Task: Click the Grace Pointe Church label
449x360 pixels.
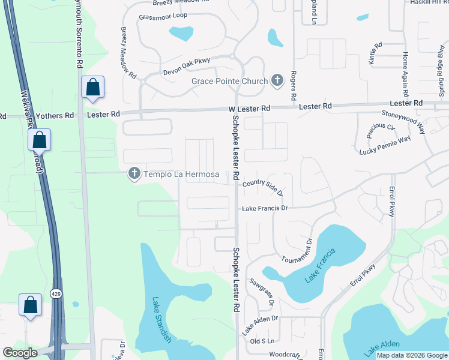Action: pyautogui.click(x=229, y=81)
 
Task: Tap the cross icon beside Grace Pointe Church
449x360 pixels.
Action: pyautogui.click(x=277, y=80)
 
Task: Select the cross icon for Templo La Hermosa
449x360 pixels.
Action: pyautogui.click(x=134, y=173)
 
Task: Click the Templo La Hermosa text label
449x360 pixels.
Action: pyautogui.click(x=176, y=173)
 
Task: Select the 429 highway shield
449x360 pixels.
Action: pyautogui.click(x=56, y=293)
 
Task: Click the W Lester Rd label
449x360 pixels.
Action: pyautogui.click(x=249, y=109)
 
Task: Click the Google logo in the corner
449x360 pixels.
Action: pyautogui.click(x=20, y=352)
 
